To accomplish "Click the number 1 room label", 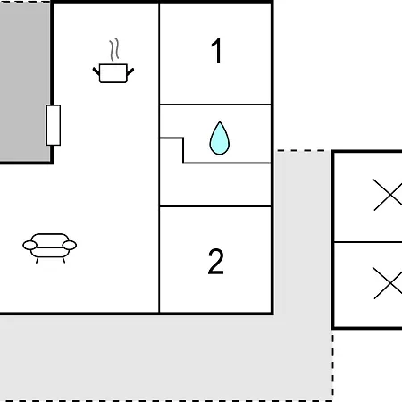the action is [217, 51].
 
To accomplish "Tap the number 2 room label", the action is [215, 262].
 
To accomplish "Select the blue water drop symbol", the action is [220, 138].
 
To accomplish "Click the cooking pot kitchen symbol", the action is [113, 73].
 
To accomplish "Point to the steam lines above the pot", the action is [114, 50].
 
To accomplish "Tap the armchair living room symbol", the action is [50, 248].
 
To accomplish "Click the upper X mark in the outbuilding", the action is [388, 195].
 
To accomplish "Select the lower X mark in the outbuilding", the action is [388, 283].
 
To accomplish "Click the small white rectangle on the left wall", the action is [54, 125].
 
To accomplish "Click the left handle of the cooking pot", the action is [96, 71].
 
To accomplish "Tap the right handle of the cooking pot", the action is [130, 71].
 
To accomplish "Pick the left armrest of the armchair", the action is [29, 246].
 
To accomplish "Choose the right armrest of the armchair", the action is [70, 245].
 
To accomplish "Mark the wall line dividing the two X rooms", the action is [368, 242].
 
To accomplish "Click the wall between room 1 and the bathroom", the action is [215, 105].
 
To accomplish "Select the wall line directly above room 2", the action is [215, 206].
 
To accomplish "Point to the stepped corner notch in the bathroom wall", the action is [183, 138].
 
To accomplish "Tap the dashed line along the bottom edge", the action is [167, 400].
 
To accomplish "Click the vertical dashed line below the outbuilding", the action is [332, 364].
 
